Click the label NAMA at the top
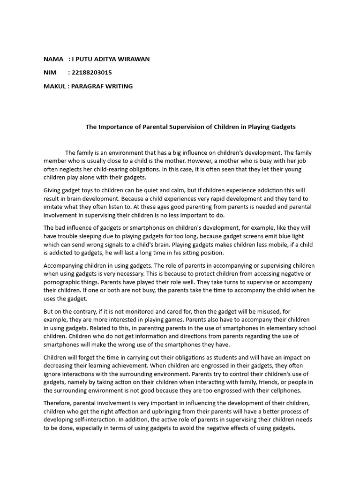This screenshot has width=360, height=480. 53,59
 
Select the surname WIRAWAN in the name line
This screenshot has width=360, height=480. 134,59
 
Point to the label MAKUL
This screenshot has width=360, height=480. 54,86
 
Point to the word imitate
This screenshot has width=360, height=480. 54,207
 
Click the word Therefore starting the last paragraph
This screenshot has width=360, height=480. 59,403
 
